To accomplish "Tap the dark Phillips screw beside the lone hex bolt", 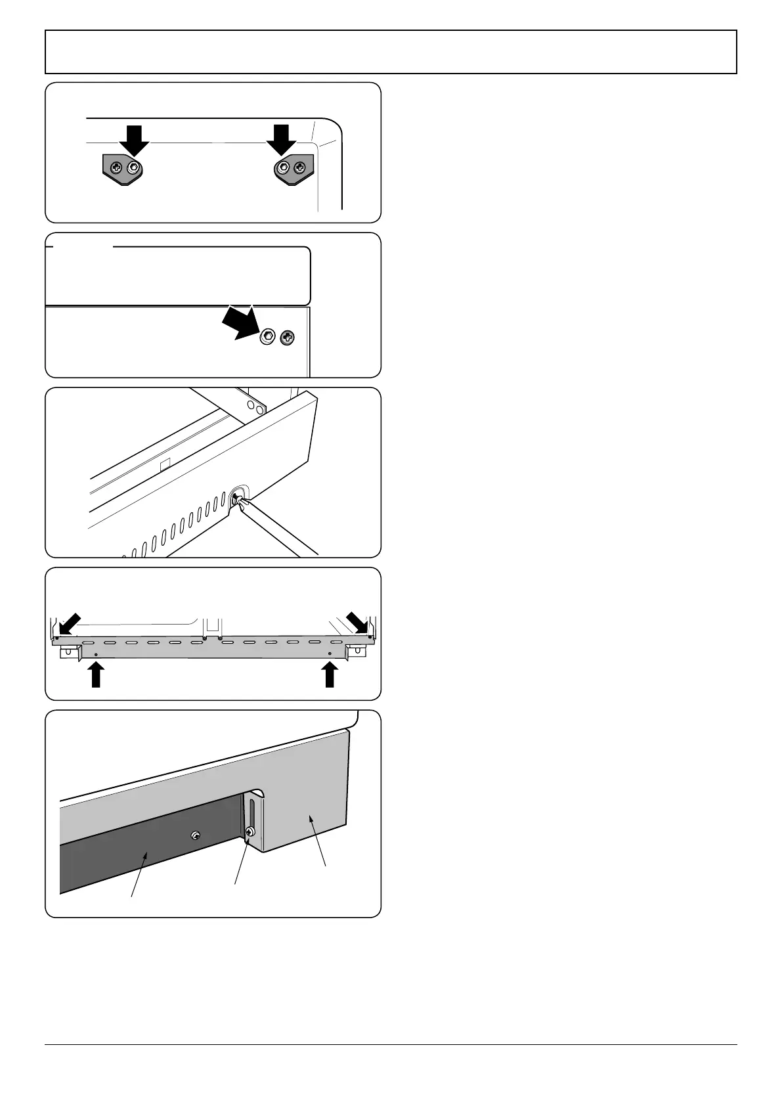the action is coord(287,338).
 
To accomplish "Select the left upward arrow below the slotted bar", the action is coord(97,675).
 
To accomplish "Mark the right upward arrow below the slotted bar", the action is coord(330,675).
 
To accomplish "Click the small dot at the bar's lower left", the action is coord(97,655).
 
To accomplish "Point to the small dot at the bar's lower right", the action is coord(330,654).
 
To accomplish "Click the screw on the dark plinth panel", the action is coord(195,835).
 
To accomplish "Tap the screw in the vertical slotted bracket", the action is coord(250,832).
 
